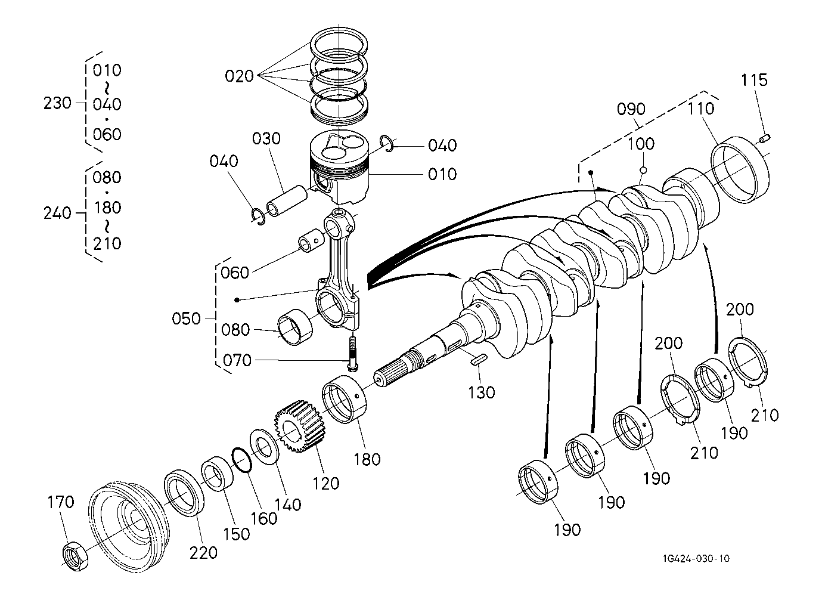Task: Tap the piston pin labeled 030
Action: click(x=287, y=201)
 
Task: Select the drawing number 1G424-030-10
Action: click(x=696, y=558)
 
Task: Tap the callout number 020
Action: click(x=239, y=76)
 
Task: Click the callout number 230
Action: click(x=57, y=103)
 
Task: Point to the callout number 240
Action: click(x=57, y=213)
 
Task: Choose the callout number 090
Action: click(x=631, y=109)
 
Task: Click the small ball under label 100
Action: click(x=643, y=170)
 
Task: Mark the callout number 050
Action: click(x=186, y=318)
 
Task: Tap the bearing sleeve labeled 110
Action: click(x=740, y=169)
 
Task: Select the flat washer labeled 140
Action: click(x=264, y=447)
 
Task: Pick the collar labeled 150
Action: click(x=217, y=474)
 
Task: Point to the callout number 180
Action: click(x=367, y=459)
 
